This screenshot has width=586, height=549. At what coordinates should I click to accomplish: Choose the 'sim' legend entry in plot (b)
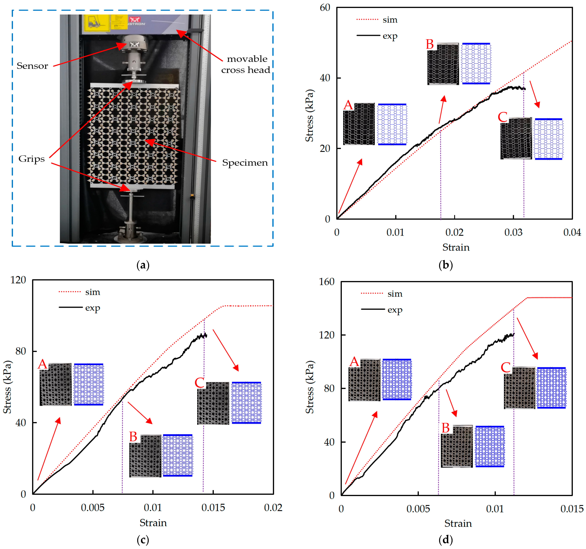click(390, 20)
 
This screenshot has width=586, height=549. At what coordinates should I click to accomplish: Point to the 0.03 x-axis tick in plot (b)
click(513, 232)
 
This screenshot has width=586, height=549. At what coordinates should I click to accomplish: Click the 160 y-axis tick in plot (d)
click(327, 282)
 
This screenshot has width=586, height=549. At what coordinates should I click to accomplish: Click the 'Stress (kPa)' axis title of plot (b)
click(309, 115)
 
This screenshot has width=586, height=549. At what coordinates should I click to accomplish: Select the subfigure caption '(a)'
click(143, 265)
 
